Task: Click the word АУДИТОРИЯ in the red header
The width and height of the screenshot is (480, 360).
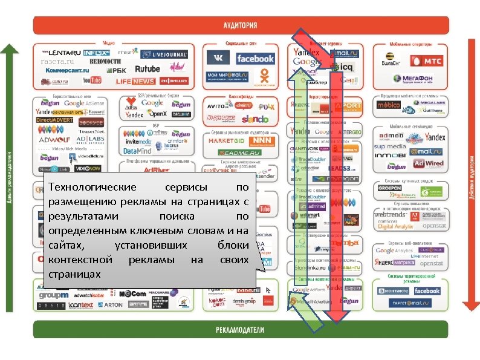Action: click(x=240, y=25)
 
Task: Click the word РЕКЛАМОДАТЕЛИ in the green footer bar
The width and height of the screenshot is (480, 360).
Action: click(x=239, y=330)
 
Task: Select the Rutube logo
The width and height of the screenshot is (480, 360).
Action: click(x=148, y=69)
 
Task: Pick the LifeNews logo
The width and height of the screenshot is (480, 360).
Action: click(x=135, y=81)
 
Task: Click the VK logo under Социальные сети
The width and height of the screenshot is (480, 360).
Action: click(x=218, y=58)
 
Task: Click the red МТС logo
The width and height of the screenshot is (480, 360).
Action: click(x=426, y=61)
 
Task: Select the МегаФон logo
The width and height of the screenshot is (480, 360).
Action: click(x=414, y=79)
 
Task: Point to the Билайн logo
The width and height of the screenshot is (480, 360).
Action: click(x=392, y=61)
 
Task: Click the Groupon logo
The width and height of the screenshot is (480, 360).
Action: click(x=390, y=188)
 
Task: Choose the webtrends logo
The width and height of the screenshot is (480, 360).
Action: click(x=390, y=214)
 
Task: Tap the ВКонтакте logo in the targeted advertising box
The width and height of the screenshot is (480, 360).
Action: click(x=393, y=291)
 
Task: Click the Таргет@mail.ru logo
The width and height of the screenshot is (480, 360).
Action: click(x=411, y=304)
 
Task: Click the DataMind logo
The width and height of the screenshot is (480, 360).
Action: click(x=137, y=151)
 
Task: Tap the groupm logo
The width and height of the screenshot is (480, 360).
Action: click(x=54, y=295)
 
